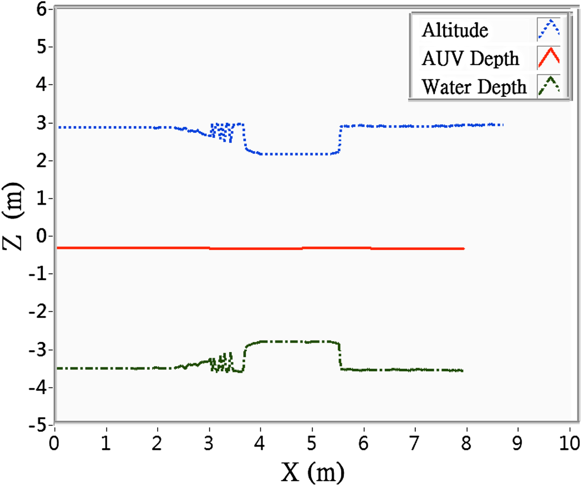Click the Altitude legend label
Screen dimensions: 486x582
[x=455, y=30]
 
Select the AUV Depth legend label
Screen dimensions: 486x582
[x=470, y=59]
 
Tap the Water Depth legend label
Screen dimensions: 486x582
[x=474, y=87]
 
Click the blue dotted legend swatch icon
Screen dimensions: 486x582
[x=549, y=30]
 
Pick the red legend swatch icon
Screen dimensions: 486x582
[x=549, y=58]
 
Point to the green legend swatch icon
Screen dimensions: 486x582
[x=549, y=86]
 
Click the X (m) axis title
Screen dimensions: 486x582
[x=313, y=472]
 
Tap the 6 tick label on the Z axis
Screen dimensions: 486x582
[x=42, y=9]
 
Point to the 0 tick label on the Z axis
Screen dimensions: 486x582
[x=42, y=236]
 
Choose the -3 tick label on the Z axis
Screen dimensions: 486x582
[x=38, y=350]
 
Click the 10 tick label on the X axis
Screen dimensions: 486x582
[x=569, y=443]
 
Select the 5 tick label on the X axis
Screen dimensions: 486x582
[x=312, y=443]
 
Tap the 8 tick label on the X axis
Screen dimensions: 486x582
[x=466, y=443]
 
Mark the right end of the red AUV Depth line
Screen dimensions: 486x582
[x=463, y=249]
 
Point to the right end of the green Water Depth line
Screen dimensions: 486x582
[x=462, y=370]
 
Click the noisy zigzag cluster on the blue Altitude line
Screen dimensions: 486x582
[x=222, y=132]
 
